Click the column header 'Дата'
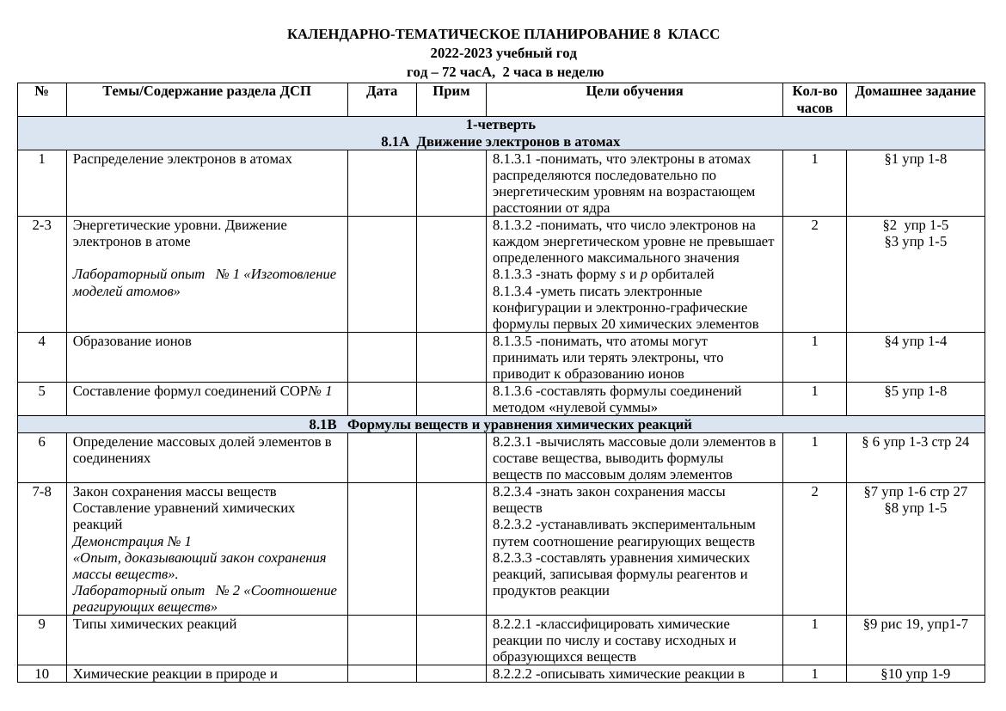[381, 91]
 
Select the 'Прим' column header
[451, 91]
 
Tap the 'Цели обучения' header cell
[635, 91]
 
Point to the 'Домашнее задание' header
[915, 91]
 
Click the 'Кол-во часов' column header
[814, 100]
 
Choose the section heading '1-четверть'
[500, 125]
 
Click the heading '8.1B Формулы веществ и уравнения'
[500, 425]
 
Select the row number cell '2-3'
[41, 225]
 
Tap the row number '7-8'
[41, 492]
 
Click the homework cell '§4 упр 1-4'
[915, 341]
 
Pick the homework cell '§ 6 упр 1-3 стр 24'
[915, 442]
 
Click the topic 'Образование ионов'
[132, 341]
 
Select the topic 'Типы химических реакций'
[155, 624]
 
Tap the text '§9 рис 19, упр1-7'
[915, 624]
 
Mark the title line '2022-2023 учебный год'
[503, 53]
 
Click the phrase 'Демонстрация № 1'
[132, 542]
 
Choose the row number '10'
[41, 674]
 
